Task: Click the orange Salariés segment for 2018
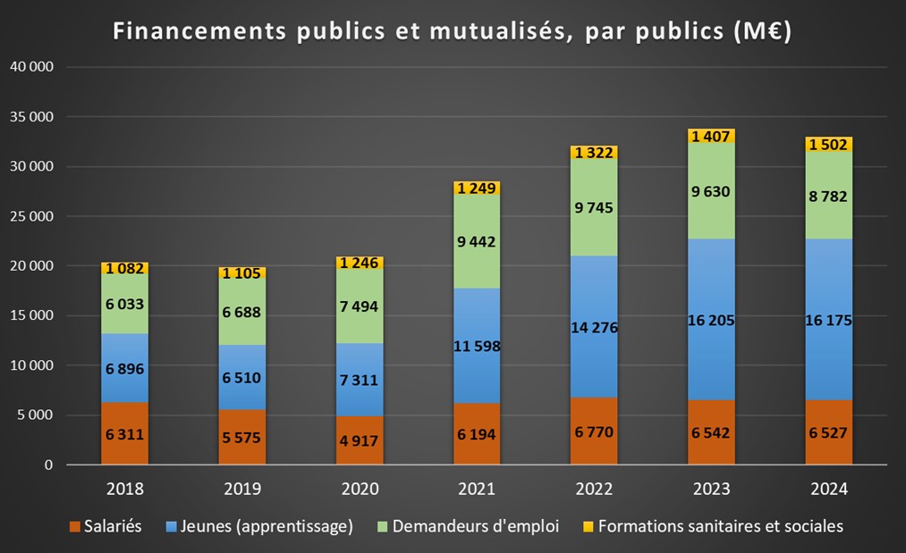click(124, 433)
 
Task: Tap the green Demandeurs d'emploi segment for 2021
click(477, 240)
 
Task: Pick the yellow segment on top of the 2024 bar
click(828, 145)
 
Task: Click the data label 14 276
click(594, 327)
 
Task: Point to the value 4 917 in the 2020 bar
click(360, 440)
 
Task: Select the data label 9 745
click(594, 207)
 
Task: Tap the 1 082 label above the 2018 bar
click(124, 268)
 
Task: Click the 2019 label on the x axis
click(241, 490)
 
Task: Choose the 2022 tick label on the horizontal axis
click(594, 490)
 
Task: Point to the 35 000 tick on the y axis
click(31, 117)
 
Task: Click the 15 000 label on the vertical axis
click(31, 315)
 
